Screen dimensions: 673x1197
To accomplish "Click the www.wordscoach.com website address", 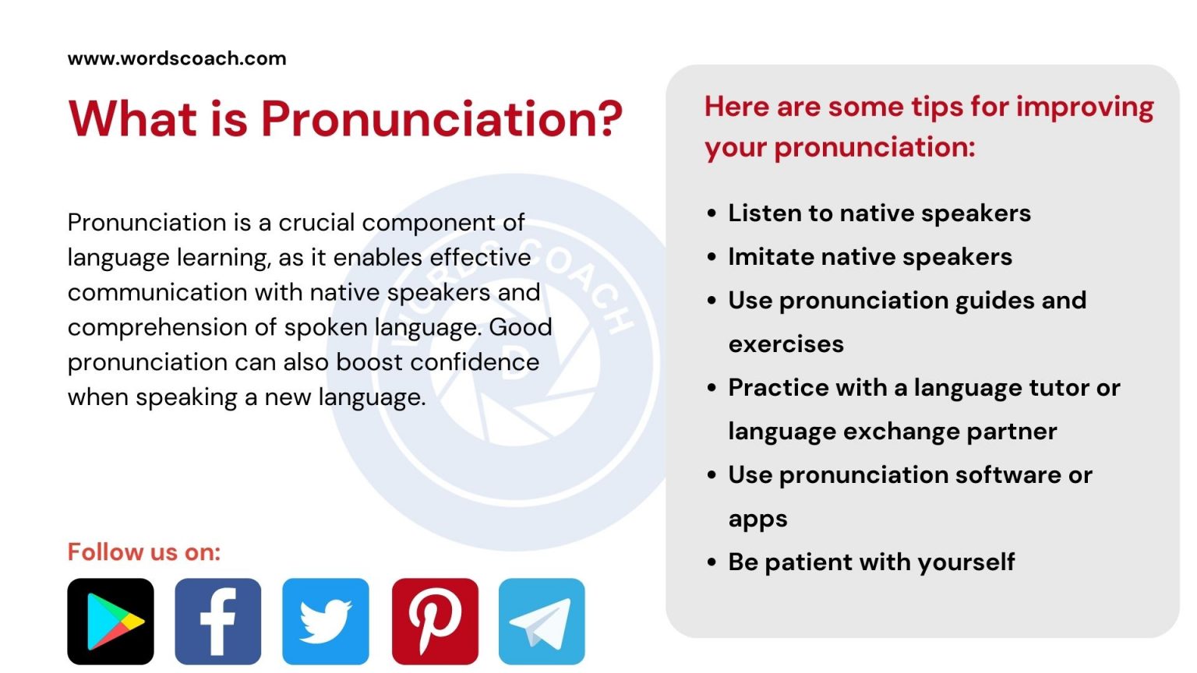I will (177, 58).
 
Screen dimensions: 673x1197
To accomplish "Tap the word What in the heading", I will (133, 119).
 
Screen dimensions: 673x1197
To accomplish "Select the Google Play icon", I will (111, 622).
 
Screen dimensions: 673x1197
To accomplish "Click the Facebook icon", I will (218, 622).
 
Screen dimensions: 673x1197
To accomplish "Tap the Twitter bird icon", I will (326, 622).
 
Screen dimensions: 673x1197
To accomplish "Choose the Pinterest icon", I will (435, 622).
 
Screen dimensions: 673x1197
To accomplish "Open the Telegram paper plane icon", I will (542, 622).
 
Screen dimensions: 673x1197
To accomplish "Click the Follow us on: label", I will (144, 552).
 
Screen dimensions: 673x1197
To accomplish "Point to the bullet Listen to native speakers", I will (879, 213).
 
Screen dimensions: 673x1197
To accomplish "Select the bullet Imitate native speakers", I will (870, 257).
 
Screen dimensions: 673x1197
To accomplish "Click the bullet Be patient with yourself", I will (871, 562).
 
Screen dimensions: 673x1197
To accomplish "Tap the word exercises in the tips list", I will (786, 344).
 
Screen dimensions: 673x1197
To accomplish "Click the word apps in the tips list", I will (757, 520).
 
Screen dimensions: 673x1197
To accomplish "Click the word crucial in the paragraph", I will (316, 223).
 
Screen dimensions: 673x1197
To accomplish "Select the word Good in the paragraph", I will (521, 327).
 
